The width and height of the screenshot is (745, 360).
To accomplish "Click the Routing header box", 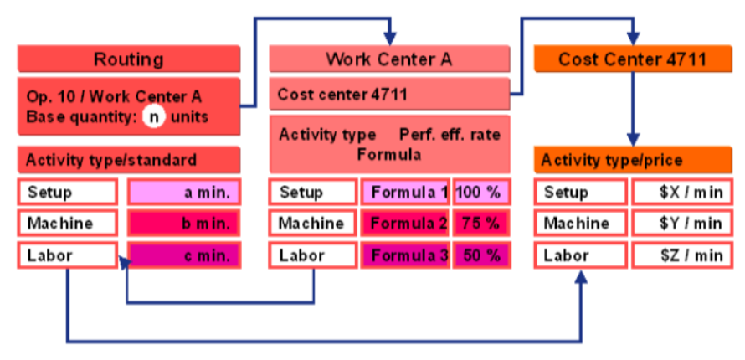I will (x=128, y=59).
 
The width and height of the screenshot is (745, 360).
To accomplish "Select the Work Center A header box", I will (x=389, y=59).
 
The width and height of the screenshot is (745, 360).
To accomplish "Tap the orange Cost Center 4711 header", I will (x=632, y=59).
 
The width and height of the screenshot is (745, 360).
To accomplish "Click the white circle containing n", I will (x=153, y=116).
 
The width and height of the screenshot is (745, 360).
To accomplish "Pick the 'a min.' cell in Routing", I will (x=183, y=193).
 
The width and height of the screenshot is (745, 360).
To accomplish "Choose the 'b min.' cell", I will (x=183, y=224).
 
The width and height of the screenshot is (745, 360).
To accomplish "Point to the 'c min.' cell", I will (x=183, y=255).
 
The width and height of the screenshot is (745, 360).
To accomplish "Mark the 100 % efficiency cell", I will (x=481, y=193).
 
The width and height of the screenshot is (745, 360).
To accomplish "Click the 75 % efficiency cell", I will (x=481, y=224).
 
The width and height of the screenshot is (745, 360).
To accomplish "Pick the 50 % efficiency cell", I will (x=481, y=255).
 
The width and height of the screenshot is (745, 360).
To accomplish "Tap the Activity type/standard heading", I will (x=128, y=160).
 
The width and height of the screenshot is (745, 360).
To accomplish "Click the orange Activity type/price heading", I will (x=632, y=160).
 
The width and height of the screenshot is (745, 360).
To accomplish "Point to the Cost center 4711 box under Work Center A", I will (x=389, y=95).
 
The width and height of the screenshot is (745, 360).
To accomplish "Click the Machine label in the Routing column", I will (x=67, y=224).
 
